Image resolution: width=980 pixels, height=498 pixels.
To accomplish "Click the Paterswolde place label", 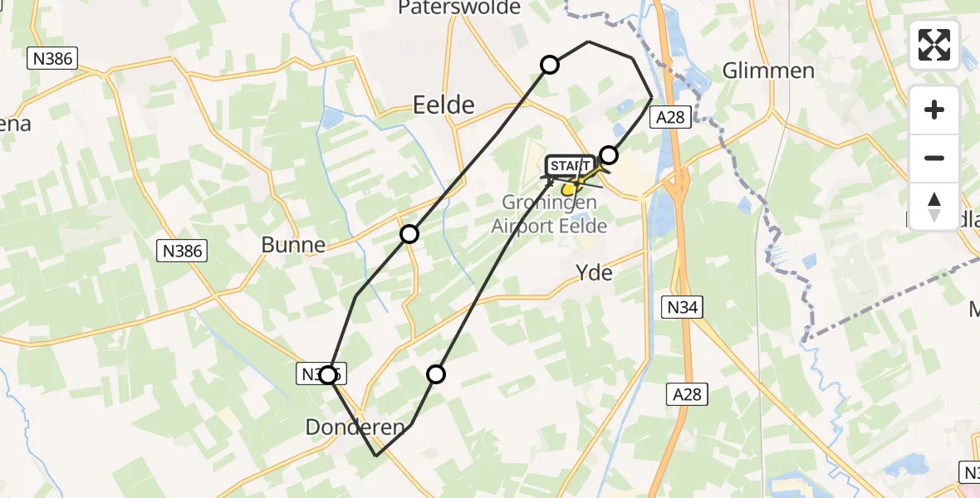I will (x=459, y=8).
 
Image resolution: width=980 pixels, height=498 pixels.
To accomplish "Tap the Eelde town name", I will (x=443, y=105).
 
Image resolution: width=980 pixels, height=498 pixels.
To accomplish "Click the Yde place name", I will (x=595, y=272).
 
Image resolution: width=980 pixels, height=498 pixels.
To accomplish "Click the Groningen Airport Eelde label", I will (x=549, y=214).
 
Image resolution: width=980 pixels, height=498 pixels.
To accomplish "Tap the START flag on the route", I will (x=570, y=166).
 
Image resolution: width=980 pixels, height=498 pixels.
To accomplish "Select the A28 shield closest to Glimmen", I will (x=669, y=117).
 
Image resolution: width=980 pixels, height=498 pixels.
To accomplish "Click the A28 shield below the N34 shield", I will (x=688, y=395).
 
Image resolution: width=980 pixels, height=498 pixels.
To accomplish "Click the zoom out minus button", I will (x=934, y=158).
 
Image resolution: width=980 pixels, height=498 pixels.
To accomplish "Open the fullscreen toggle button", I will (x=934, y=45).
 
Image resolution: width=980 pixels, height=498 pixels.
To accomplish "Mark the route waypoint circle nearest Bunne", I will (x=409, y=234).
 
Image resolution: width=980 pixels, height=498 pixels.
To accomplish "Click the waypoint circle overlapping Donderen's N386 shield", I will (x=330, y=375).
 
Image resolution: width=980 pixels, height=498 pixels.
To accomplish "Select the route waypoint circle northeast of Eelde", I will (x=550, y=65).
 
